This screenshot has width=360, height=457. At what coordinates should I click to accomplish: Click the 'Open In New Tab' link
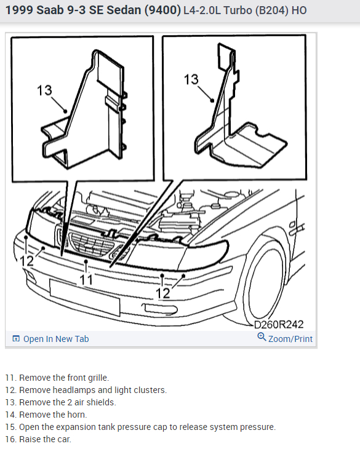point(50,339)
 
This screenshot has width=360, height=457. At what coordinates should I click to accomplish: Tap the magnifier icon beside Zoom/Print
point(262,337)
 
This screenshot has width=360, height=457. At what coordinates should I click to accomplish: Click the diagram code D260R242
point(279,324)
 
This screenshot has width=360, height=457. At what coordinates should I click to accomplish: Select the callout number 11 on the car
point(86,280)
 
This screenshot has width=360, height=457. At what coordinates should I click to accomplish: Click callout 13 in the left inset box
point(44,90)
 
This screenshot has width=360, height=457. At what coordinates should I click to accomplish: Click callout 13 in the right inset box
point(191,79)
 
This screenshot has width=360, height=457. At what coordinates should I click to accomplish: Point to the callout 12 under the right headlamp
point(162,293)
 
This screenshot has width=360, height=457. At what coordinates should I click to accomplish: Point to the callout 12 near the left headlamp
point(27,261)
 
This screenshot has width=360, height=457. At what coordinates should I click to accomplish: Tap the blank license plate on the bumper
point(84,297)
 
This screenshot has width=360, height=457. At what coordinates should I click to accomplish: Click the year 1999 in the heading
point(19,10)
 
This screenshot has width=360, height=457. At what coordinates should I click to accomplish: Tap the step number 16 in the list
point(10,439)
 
